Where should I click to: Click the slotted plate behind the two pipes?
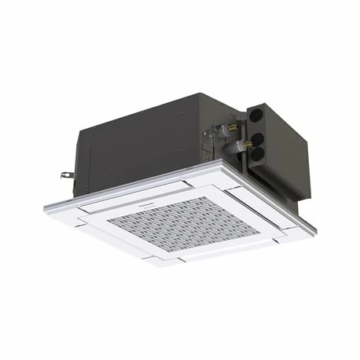pos(221,141)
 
